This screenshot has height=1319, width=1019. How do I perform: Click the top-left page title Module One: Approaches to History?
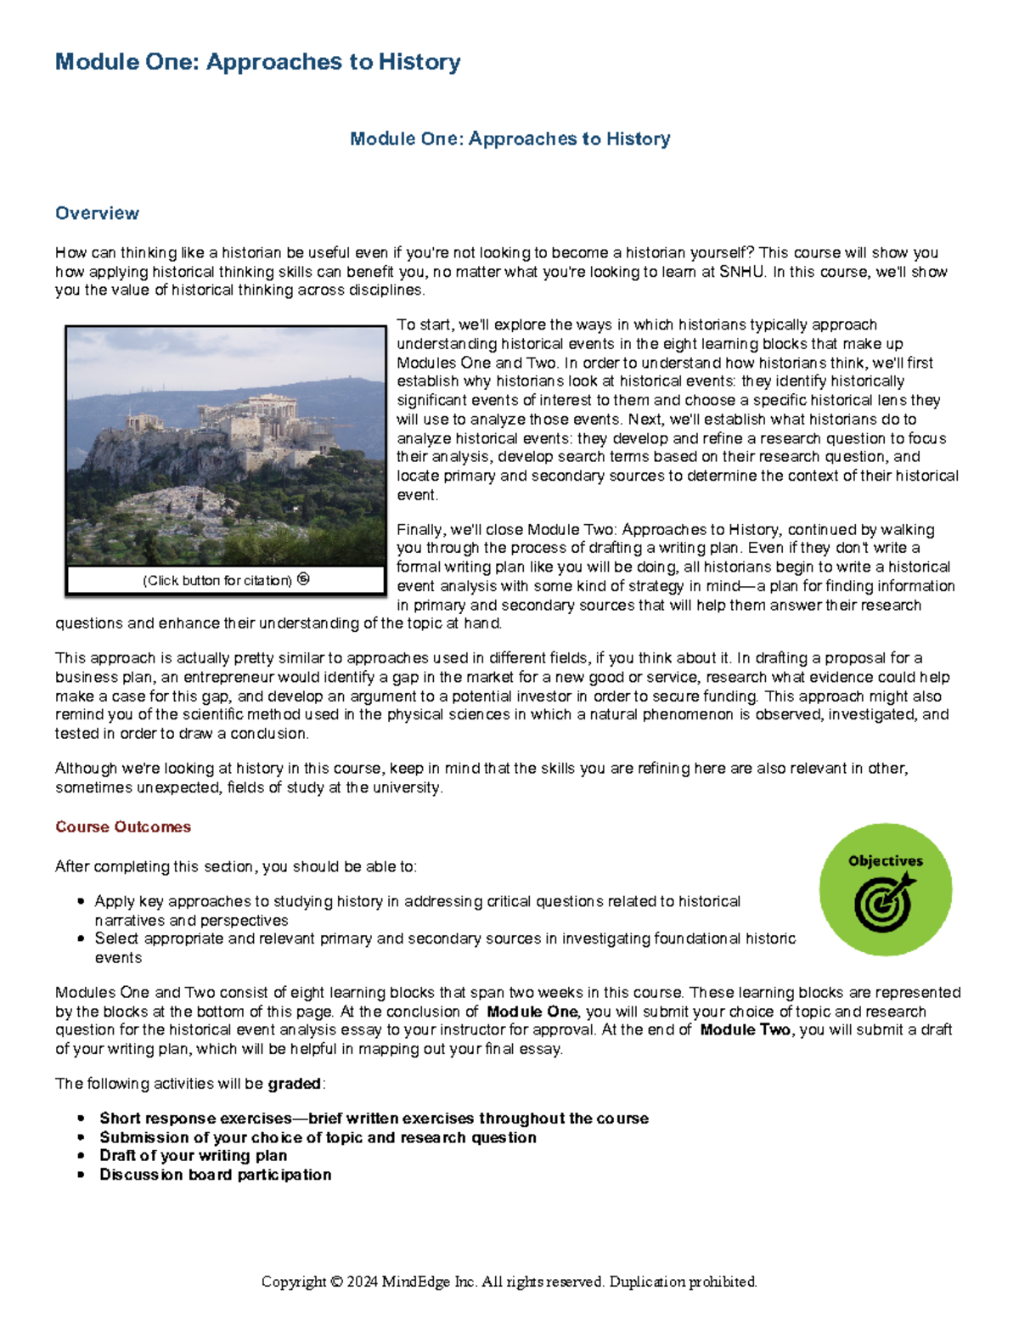tap(257, 62)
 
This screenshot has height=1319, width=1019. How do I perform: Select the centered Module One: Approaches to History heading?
tap(509, 138)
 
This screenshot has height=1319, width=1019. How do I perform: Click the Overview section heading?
tap(97, 213)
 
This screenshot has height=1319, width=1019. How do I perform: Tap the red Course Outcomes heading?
tap(123, 827)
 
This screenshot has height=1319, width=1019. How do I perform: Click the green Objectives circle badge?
tap(885, 889)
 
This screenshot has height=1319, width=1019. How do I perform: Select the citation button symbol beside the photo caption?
tap(303, 579)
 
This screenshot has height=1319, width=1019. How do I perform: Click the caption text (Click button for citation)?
tap(217, 581)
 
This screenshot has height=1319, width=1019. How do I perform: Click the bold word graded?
tap(295, 1084)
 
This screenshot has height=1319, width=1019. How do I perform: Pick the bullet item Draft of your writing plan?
tap(193, 1156)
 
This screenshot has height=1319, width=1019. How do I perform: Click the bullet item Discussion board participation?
tap(215, 1175)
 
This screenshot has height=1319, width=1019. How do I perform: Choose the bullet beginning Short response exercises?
tap(374, 1119)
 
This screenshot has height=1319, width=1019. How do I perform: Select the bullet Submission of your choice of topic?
tap(318, 1137)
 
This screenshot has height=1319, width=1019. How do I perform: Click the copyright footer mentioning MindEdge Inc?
tap(509, 1282)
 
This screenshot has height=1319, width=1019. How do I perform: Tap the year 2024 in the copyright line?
tap(362, 1282)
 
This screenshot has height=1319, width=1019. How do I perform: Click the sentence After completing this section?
tap(235, 867)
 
